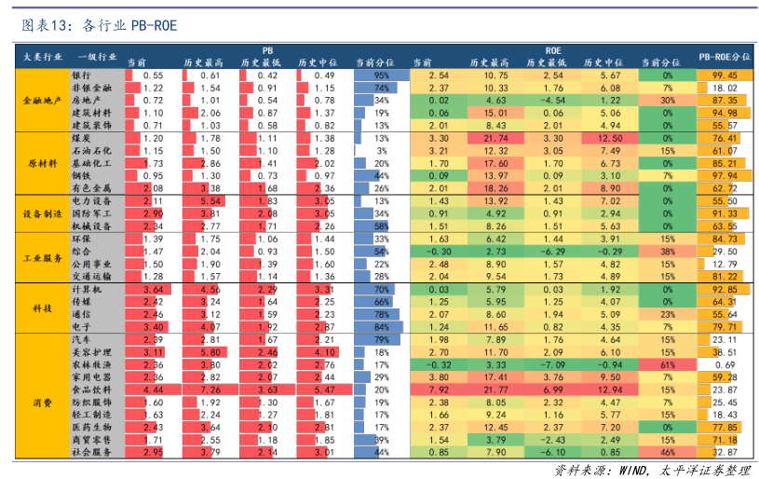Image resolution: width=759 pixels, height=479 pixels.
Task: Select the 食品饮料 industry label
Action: tap(90, 389)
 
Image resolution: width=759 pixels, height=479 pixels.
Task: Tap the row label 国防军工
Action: tap(90, 213)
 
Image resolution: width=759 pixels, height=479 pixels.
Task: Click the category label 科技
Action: tap(41, 308)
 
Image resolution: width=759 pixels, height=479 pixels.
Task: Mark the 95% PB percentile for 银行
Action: tap(381, 75)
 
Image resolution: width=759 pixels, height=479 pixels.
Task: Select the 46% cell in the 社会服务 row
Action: tap(668, 452)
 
